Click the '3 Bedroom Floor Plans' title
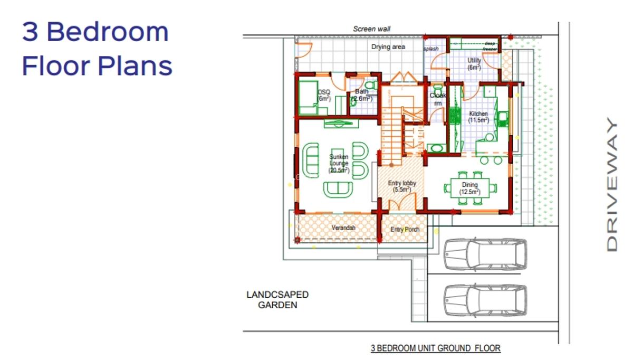point(97,49)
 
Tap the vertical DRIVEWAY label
point(611,185)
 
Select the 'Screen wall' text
point(372,29)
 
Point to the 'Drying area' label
point(388,47)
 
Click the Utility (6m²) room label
point(474,64)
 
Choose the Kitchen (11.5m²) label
point(478,117)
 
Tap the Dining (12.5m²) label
point(469,188)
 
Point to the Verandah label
point(343,228)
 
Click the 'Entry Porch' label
point(405,230)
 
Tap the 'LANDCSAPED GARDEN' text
point(277,299)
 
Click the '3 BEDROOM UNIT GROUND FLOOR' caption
point(435,348)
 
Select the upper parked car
point(485,254)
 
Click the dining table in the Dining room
point(470,187)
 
